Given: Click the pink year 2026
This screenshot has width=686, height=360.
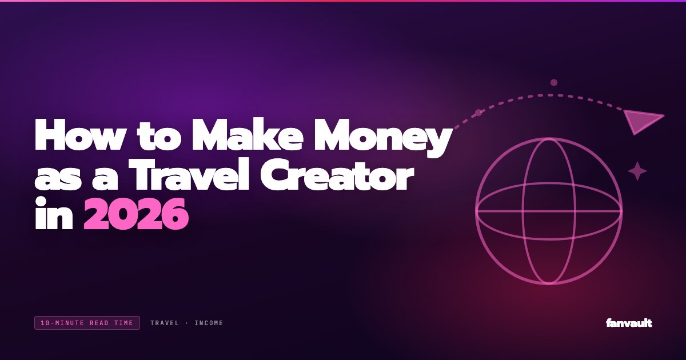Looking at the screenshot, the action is (x=136, y=214).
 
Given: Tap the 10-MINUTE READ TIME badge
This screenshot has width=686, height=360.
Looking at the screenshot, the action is (x=87, y=323).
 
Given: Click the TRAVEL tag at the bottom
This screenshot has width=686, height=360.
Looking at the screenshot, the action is (x=165, y=323).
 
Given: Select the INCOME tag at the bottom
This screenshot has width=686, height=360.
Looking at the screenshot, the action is (x=209, y=323).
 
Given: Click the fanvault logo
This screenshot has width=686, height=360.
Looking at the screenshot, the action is (x=629, y=323).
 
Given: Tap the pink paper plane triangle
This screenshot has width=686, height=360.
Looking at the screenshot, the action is (x=641, y=121).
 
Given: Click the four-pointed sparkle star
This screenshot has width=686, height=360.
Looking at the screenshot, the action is (x=637, y=171).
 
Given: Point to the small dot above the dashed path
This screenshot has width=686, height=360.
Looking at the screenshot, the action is (x=554, y=83).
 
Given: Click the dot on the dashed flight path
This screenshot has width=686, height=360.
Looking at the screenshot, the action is (x=478, y=113).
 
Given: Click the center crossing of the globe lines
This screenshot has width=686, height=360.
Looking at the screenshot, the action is (x=549, y=211).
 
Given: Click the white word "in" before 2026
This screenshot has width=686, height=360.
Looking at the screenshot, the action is (x=54, y=214).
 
